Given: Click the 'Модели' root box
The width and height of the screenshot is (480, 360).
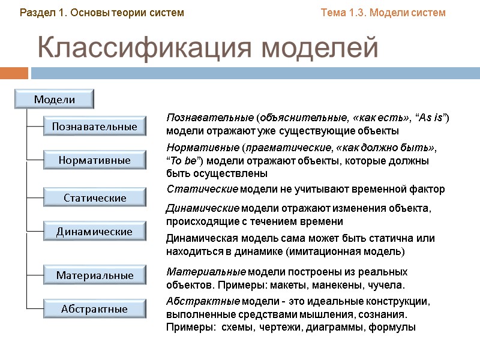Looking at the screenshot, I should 55,100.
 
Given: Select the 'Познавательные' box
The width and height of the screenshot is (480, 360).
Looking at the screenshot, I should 95,127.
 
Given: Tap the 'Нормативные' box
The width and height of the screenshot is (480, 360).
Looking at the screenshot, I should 95,160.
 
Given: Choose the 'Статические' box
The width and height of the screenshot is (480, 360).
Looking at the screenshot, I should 95,197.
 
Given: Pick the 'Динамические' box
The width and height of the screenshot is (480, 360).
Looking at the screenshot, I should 95,231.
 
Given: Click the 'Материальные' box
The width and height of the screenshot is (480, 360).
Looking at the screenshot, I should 95,275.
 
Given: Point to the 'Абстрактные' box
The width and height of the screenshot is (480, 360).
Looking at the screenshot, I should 95,309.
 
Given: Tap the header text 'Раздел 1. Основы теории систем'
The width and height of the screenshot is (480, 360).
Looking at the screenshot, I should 102,13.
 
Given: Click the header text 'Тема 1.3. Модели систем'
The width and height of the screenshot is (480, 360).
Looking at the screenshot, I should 383,13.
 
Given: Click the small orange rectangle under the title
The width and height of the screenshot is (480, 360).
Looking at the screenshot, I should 14,73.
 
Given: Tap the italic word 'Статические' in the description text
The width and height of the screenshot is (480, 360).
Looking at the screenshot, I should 202,190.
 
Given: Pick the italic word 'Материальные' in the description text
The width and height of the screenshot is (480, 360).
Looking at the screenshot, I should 205,272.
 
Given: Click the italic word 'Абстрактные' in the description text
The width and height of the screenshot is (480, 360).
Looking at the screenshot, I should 203,302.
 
